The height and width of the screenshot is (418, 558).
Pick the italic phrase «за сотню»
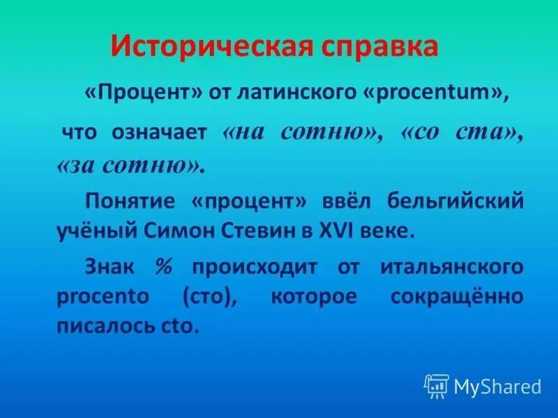click(x=130, y=166)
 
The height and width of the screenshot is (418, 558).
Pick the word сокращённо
click(x=456, y=297)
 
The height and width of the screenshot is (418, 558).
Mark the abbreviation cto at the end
click(x=184, y=326)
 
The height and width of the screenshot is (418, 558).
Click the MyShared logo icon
click(x=437, y=385)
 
